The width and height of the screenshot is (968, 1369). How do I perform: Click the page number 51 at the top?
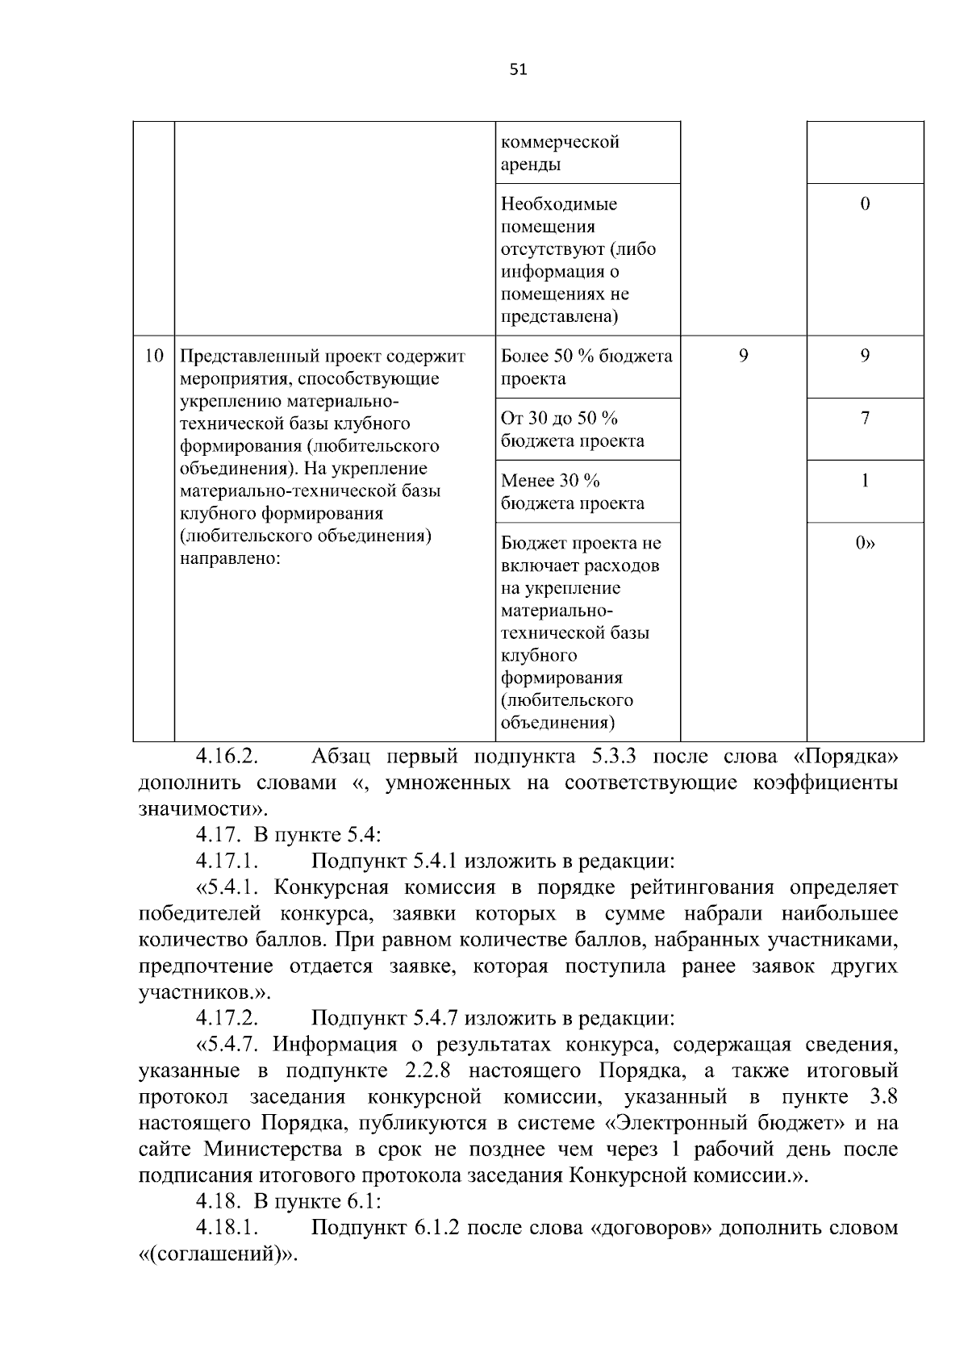pos(518,70)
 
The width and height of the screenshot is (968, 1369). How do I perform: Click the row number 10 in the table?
pos(153,356)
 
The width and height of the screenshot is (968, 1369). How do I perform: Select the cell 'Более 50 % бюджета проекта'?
pos(586,367)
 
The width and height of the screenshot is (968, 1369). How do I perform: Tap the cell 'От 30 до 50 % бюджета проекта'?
pos(572,429)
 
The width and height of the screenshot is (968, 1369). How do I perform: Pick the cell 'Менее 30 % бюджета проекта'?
pos(572,492)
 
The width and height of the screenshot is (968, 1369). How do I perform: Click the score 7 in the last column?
pos(865,418)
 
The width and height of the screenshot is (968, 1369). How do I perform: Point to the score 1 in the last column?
pos(865,481)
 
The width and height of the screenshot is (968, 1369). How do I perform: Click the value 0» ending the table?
pos(865,543)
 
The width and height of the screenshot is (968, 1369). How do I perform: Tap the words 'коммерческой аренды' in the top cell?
pos(560,153)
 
